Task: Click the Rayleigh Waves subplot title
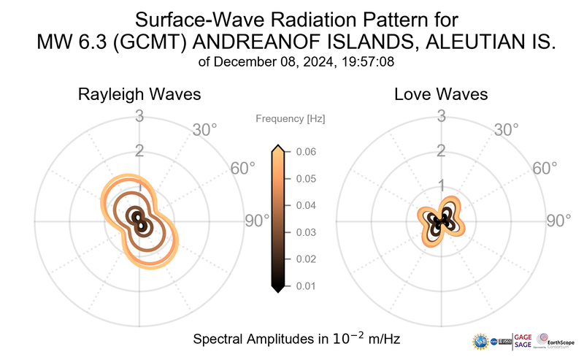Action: point(139,95)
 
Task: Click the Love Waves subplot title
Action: point(441,95)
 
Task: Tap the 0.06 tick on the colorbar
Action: point(306,152)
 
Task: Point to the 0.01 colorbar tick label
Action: point(306,286)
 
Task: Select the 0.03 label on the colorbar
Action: point(306,232)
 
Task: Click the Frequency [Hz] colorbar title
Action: point(290,118)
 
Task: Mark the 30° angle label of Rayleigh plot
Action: point(205,131)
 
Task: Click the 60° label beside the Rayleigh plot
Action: point(243,169)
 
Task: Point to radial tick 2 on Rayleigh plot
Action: point(139,151)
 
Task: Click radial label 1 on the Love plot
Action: point(441,185)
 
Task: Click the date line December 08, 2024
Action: point(296,62)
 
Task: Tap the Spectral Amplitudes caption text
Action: point(296,340)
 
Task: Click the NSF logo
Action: point(481,341)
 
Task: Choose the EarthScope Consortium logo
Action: point(556,341)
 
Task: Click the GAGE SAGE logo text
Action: point(523,341)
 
